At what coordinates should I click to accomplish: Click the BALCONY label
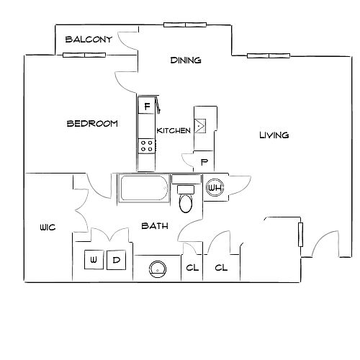[89, 40]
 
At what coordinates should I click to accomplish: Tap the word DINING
[186, 60]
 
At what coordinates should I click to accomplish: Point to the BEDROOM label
[92, 124]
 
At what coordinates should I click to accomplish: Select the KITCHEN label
[174, 130]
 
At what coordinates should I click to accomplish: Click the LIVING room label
[274, 135]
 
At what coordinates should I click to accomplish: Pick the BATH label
[155, 226]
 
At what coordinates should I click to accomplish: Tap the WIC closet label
[48, 228]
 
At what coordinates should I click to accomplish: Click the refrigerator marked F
[146, 105]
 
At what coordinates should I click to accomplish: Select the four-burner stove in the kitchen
[147, 146]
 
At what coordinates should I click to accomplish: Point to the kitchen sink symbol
[199, 126]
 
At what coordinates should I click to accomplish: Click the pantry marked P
[204, 161]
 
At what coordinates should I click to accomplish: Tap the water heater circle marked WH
[215, 187]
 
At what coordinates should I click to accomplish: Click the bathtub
[144, 188]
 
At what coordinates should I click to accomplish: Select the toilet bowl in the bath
[186, 203]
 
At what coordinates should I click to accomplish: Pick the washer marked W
[94, 260]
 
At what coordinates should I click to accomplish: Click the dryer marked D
[116, 260]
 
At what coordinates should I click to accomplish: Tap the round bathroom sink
[158, 269]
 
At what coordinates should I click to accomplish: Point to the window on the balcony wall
[84, 55]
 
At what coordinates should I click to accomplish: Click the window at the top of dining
[185, 24]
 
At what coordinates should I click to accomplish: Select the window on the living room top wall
[269, 55]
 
